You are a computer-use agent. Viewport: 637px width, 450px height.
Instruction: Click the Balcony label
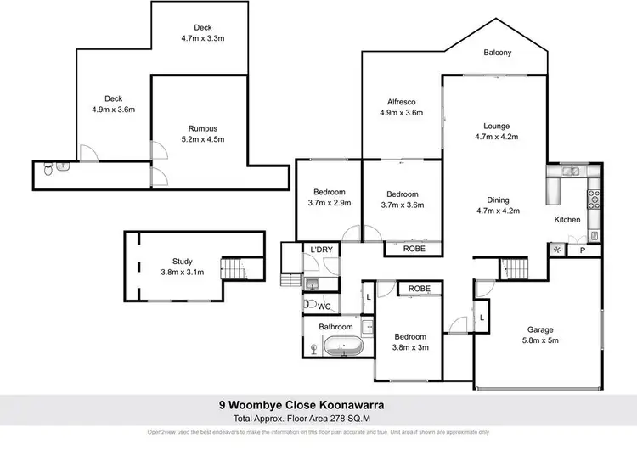(x=497, y=53)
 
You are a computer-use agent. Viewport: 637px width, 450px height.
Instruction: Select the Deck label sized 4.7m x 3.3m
(x=201, y=38)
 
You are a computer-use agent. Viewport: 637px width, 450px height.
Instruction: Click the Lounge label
(x=496, y=124)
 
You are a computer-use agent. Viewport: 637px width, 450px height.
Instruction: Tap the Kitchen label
(x=567, y=220)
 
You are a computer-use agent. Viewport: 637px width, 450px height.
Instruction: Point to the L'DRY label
(x=321, y=249)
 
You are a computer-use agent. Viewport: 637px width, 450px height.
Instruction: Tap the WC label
(x=324, y=306)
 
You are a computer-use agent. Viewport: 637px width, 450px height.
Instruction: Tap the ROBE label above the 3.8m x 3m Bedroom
(x=420, y=289)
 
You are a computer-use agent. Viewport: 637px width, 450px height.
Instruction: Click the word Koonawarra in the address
(x=360, y=405)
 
